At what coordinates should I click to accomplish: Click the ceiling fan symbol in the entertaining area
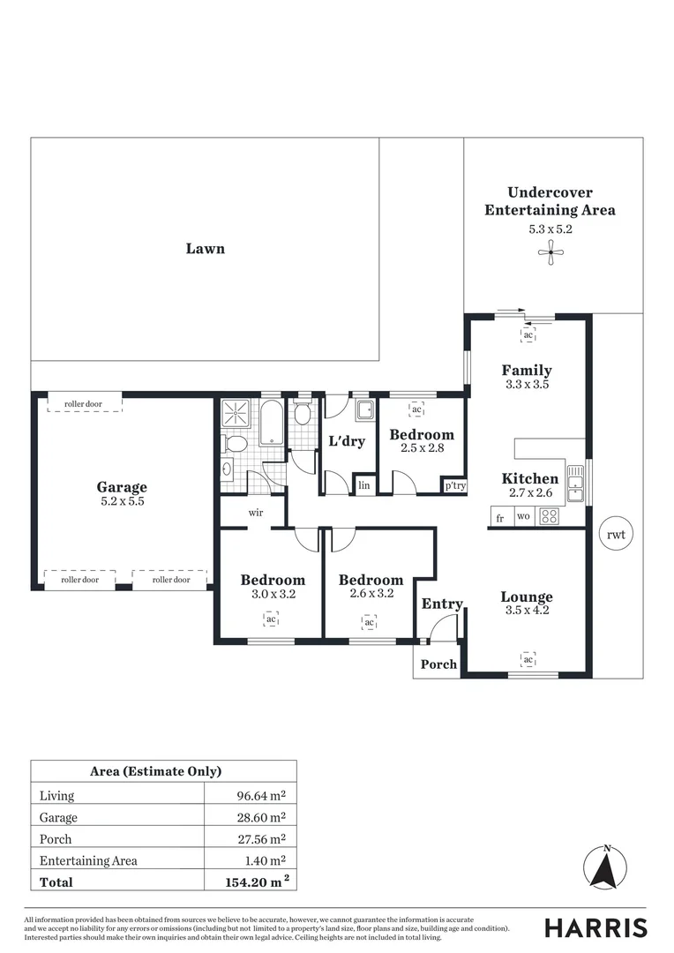(550, 254)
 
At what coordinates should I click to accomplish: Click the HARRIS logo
(595, 927)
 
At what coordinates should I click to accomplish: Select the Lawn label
(205, 249)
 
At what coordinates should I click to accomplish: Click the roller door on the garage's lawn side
(83, 404)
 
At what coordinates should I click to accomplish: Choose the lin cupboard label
(363, 485)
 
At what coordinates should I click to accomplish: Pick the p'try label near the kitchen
(454, 485)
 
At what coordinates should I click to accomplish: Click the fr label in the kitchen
(500, 518)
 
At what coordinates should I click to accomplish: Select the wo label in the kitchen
(523, 518)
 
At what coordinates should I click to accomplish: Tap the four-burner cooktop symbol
(549, 517)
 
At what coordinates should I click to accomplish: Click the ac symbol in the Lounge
(528, 659)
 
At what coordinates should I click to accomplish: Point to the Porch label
(438, 664)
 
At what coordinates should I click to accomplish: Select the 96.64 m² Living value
(261, 796)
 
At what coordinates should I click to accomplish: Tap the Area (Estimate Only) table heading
(156, 771)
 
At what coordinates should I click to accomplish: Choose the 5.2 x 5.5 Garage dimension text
(122, 501)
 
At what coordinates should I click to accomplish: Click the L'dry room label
(347, 441)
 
